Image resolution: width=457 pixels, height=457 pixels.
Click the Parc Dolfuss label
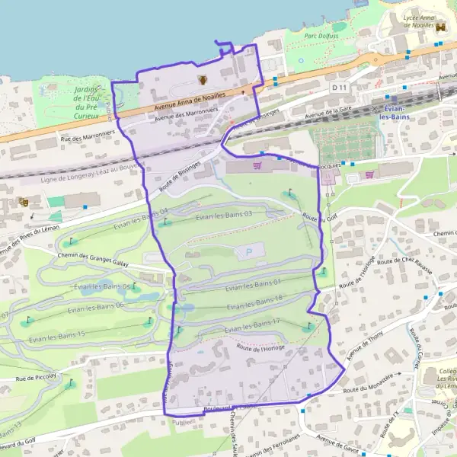coord(321,34)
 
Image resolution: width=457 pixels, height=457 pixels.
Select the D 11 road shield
coord(339,88)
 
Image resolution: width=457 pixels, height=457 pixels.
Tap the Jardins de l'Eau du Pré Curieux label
coord(89,103)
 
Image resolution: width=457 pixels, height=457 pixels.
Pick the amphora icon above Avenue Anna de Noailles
coord(203,80)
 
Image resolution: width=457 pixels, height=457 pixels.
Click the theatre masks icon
coord(24,202)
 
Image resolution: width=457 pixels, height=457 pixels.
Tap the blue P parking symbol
coord(248,251)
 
